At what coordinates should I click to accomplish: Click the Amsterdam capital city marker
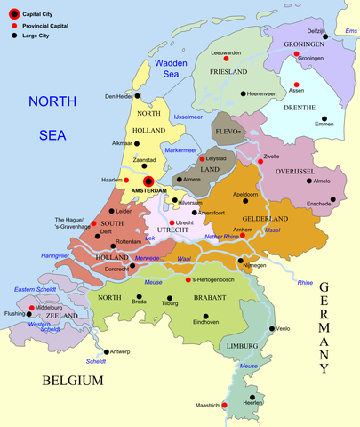(x=148, y=181)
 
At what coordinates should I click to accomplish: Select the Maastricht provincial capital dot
(x=224, y=406)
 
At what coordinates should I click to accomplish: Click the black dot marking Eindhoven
(x=206, y=316)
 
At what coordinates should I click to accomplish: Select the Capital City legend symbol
(x=11, y=13)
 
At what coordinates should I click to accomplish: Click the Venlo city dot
(x=273, y=328)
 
